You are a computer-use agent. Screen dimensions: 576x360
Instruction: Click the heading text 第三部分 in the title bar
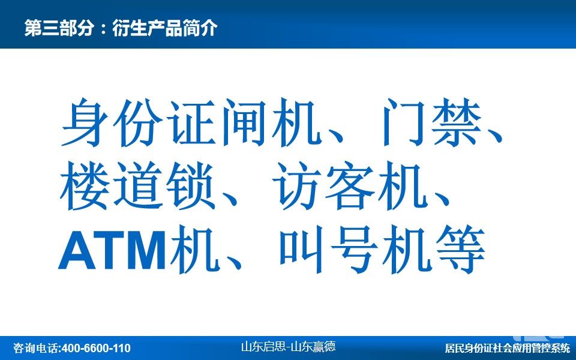coord(59,28)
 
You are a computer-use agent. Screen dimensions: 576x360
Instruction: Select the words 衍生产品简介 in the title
coord(165,28)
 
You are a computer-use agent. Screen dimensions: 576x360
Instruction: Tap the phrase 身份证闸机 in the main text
coord(189,122)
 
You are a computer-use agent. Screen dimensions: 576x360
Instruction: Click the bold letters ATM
coord(112,250)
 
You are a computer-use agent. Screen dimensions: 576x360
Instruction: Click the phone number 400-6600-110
coord(96,348)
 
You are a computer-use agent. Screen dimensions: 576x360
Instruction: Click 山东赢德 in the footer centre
coord(313,346)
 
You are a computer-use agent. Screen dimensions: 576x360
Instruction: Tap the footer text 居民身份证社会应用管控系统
coord(508,348)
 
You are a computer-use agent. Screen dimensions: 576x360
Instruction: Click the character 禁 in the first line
coord(456,122)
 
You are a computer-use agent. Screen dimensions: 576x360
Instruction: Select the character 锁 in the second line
coord(190,186)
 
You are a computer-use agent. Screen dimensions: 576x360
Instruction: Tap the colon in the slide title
coord(103,29)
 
